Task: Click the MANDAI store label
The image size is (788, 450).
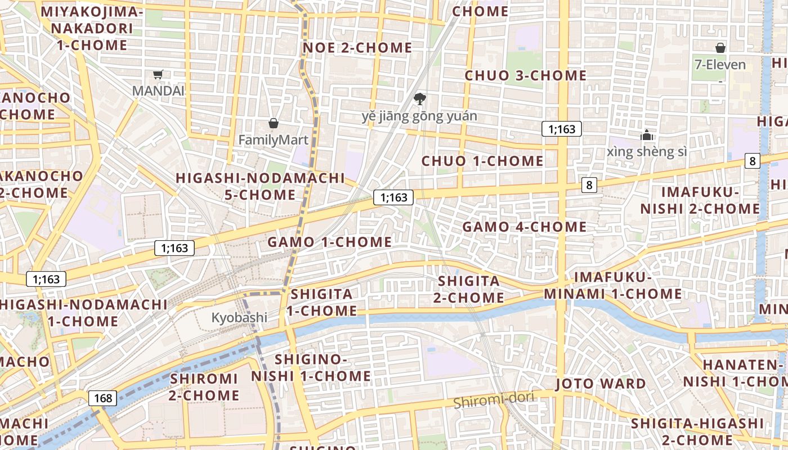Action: (158, 91)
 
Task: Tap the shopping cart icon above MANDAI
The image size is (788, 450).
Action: (158, 74)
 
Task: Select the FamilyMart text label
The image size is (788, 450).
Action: (274, 139)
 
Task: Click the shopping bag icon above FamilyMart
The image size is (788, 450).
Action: (274, 123)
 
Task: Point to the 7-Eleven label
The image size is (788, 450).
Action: (720, 65)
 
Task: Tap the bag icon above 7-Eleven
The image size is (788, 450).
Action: (720, 48)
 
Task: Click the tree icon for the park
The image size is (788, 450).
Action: (419, 100)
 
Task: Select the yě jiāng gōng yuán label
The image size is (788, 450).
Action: (419, 116)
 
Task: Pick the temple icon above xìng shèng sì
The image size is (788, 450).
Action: (647, 135)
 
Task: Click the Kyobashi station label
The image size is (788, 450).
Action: (239, 318)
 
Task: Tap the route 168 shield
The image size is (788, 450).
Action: (103, 398)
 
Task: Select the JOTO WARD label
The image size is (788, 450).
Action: (601, 384)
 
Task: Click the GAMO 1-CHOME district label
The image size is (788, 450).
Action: (329, 242)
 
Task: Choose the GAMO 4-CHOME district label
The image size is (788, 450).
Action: (524, 227)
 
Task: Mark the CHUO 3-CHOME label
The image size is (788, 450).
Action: (526, 75)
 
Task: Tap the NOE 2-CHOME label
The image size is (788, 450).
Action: (357, 48)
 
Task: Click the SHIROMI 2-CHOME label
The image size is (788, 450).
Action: (204, 387)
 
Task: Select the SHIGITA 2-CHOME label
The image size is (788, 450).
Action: (471, 289)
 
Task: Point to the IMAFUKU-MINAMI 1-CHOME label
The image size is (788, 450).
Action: (612, 286)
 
